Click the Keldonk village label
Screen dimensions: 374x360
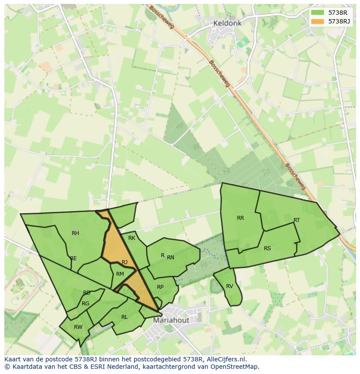click(x=224, y=23)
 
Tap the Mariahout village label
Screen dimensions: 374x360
click(x=171, y=321)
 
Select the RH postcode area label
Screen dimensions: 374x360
click(x=75, y=233)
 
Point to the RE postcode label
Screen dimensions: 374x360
click(x=73, y=258)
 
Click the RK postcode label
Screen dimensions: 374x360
click(x=132, y=238)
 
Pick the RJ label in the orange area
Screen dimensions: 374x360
click(x=125, y=262)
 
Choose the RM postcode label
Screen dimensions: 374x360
click(x=120, y=274)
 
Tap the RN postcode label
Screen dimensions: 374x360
click(x=170, y=258)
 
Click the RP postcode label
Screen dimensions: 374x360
click(x=160, y=287)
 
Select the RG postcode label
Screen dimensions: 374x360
click(x=85, y=304)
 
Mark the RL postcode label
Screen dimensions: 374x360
click(x=124, y=317)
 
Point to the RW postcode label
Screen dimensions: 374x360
click(x=78, y=327)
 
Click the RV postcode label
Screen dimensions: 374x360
click(x=230, y=286)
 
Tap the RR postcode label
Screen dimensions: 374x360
click(x=240, y=218)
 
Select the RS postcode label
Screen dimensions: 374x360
click(x=267, y=248)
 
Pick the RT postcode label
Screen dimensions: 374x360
click(x=297, y=220)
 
